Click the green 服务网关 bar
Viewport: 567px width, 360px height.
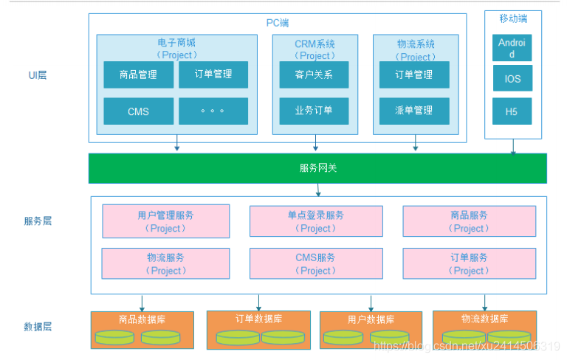pos(317,168)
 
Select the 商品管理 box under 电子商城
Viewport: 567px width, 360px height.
pos(138,75)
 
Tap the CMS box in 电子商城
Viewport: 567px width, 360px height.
pos(138,111)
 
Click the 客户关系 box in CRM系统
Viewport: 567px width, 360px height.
pos(314,75)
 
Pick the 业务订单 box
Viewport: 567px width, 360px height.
pos(314,111)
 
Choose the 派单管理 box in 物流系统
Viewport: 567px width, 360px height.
pos(413,111)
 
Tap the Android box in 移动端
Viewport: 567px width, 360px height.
pos(512,48)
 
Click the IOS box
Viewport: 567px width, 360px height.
pos(512,78)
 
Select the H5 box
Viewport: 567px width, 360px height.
pos(512,111)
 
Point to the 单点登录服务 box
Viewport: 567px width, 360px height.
pos(316,221)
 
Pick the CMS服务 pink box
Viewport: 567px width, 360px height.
pos(316,263)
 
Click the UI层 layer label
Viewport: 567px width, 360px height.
pos(37,75)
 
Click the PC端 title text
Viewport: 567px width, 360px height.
pos(278,23)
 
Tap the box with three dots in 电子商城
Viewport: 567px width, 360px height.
pos(213,111)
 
